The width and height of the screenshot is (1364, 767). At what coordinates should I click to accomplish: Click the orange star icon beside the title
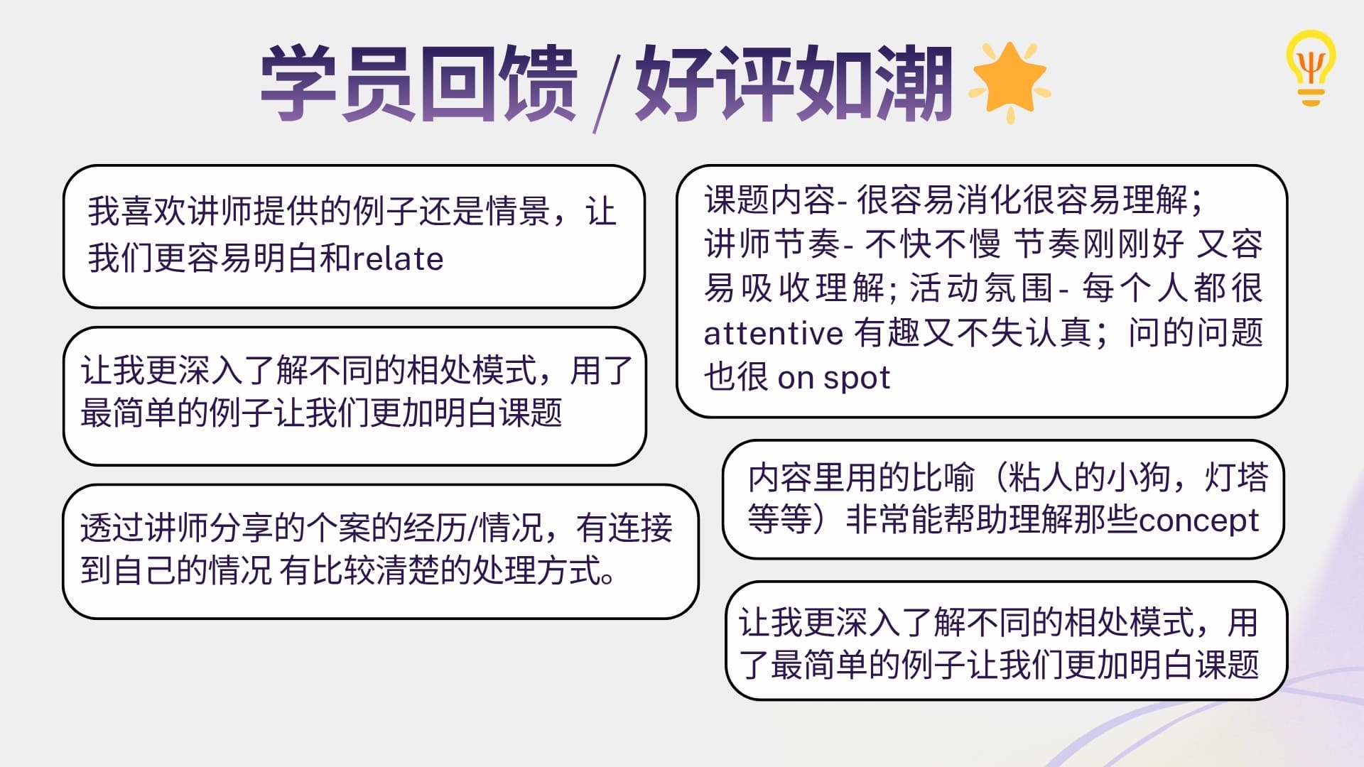(x=1010, y=82)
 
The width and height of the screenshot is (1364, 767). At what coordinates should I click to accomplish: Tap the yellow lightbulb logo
(x=1311, y=68)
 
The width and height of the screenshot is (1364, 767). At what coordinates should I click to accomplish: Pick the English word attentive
(x=773, y=333)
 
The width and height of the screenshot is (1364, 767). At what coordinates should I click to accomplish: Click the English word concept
(x=1198, y=521)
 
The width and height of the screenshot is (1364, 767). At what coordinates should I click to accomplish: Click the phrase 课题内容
(x=769, y=200)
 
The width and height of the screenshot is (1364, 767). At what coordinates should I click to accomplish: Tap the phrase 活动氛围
(x=981, y=288)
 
